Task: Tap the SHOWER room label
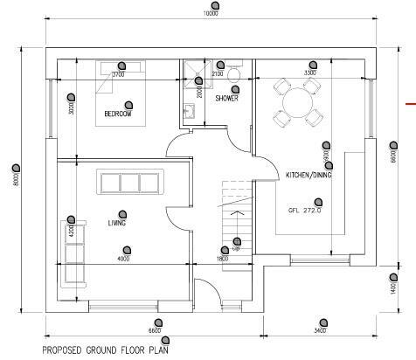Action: point(228,123)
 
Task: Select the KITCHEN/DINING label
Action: point(309,176)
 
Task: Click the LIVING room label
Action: point(118,224)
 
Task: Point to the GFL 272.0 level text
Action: point(304,211)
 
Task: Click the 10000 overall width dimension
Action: point(211,14)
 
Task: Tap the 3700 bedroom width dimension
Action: point(119,75)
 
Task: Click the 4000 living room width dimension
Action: point(123,259)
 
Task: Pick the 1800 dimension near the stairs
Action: point(223,259)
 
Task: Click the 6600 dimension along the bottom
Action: point(153,330)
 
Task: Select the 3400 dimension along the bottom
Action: point(318,330)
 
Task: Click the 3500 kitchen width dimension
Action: point(310,73)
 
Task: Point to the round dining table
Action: point(291,101)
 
